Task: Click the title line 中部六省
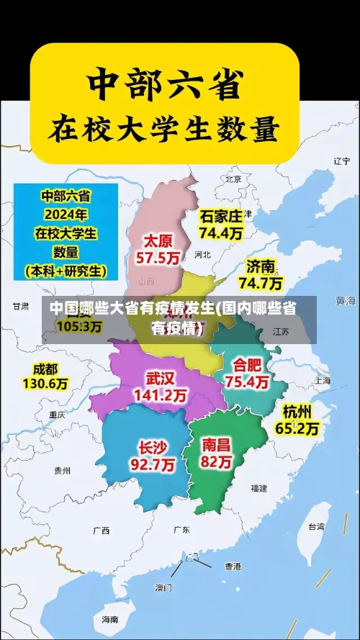click(x=163, y=86)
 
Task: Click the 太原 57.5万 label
click(x=160, y=248)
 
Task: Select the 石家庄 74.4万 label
click(x=221, y=224)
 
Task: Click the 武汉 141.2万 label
click(x=160, y=387)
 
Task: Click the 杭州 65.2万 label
click(x=297, y=420)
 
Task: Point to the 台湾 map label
click(x=316, y=526)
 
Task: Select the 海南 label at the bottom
click(x=109, y=619)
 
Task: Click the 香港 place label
click(x=233, y=567)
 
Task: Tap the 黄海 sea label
click(x=346, y=300)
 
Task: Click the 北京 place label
click(x=233, y=179)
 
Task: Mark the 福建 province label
click(x=258, y=488)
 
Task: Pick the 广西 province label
click(x=101, y=531)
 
